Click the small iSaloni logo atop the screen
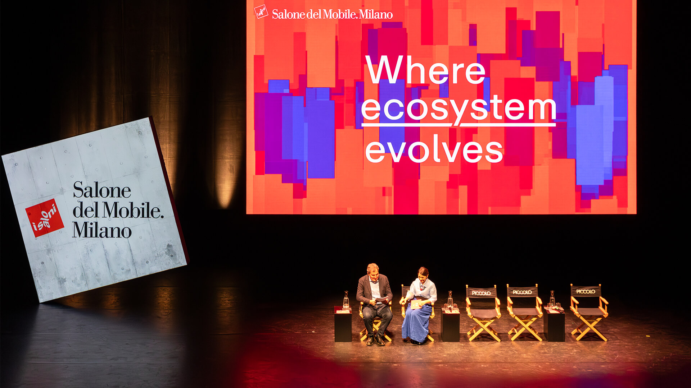261,11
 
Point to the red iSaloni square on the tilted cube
45,218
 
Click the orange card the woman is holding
416,304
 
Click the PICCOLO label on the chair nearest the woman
481,293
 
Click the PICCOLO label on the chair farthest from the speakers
586,291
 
